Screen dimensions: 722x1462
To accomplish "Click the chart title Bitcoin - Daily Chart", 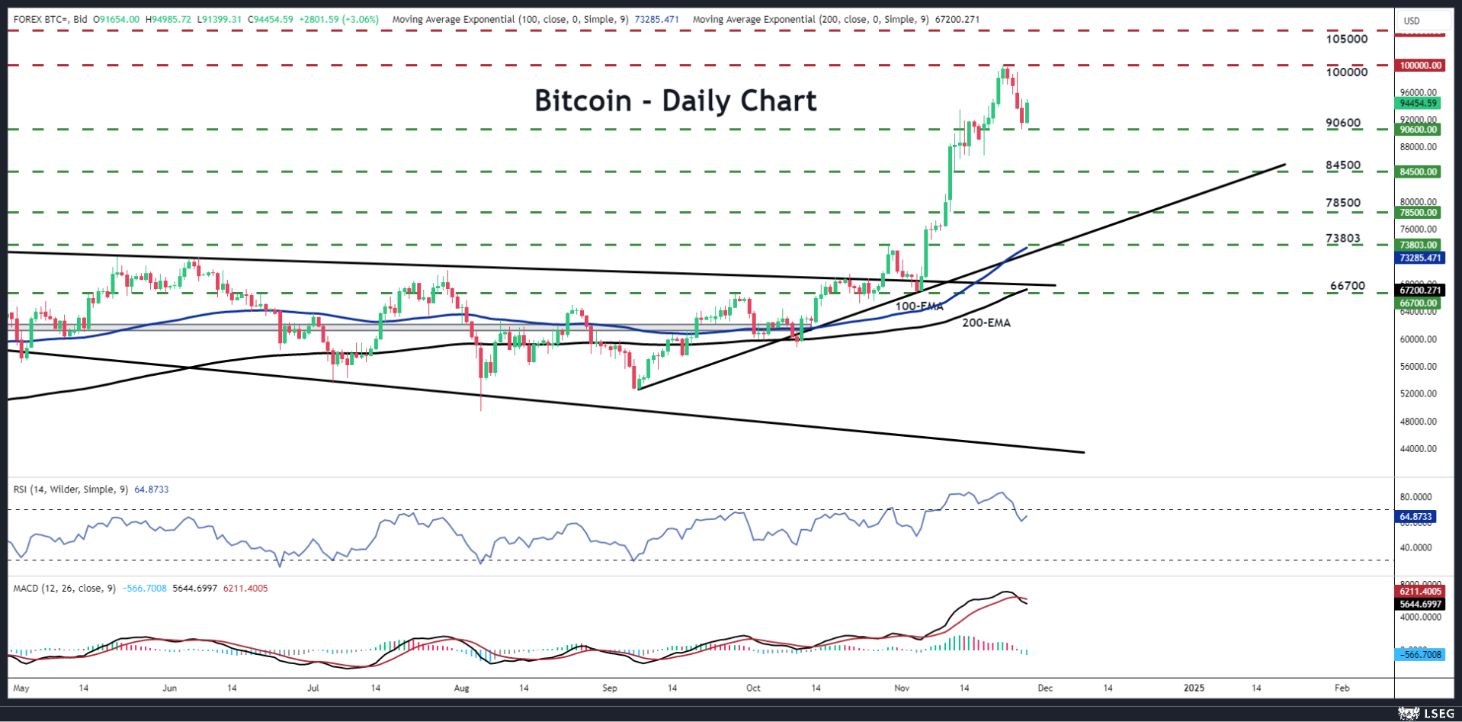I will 675,101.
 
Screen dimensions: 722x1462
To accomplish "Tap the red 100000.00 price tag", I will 1420,66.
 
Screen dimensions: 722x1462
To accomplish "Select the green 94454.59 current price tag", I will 1418,103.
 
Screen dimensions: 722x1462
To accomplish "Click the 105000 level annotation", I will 1346,39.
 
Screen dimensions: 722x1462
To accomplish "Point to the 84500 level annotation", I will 1342,165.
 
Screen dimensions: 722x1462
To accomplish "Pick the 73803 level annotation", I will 1342,239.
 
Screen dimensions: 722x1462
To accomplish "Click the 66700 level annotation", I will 1347,287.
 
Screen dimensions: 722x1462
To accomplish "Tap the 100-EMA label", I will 919,306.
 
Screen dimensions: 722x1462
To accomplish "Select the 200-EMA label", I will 986,323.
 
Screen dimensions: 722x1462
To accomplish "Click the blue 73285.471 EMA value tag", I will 1420,258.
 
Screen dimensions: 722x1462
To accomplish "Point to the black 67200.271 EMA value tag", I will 1420,290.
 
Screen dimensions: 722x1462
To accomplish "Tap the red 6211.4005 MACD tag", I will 1420,591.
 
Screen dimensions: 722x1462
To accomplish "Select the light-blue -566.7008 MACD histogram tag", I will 1420,654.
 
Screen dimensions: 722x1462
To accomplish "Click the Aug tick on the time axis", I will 461,688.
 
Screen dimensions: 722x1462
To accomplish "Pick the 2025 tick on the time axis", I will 1194,688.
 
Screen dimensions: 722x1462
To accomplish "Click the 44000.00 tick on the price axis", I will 1419,448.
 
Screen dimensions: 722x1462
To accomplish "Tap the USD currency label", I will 1412,21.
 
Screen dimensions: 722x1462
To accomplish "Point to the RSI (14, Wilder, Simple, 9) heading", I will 71,489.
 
